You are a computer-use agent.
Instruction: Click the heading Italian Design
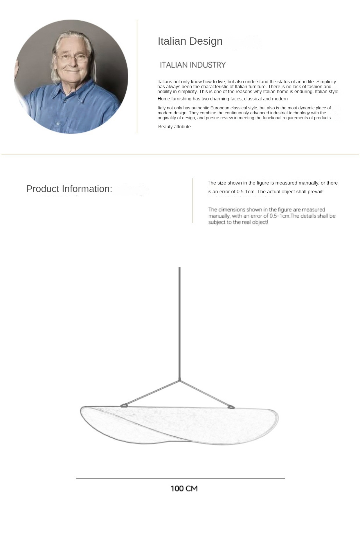[x=190, y=41]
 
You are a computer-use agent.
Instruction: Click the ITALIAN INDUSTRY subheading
[x=193, y=65]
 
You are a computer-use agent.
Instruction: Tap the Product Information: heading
[x=69, y=189]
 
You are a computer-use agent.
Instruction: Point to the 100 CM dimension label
[x=184, y=489]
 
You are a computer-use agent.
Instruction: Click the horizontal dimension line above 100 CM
[x=181, y=478]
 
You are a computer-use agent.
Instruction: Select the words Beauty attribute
[x=174, y=127]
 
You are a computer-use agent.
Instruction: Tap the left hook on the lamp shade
[x=124, y=406]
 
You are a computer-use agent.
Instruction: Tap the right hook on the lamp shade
[x=231, y=407]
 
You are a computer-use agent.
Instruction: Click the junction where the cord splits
[x=180, y=380]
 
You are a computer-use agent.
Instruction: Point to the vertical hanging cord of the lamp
[x=179, y=319]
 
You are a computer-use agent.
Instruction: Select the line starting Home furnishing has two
[x=222, y=99]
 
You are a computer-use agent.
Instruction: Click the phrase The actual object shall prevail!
[x=290, y=192]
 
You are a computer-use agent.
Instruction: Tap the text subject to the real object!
[x=238, y=222]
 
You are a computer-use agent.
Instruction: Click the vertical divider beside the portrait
[x=137, y=77]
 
